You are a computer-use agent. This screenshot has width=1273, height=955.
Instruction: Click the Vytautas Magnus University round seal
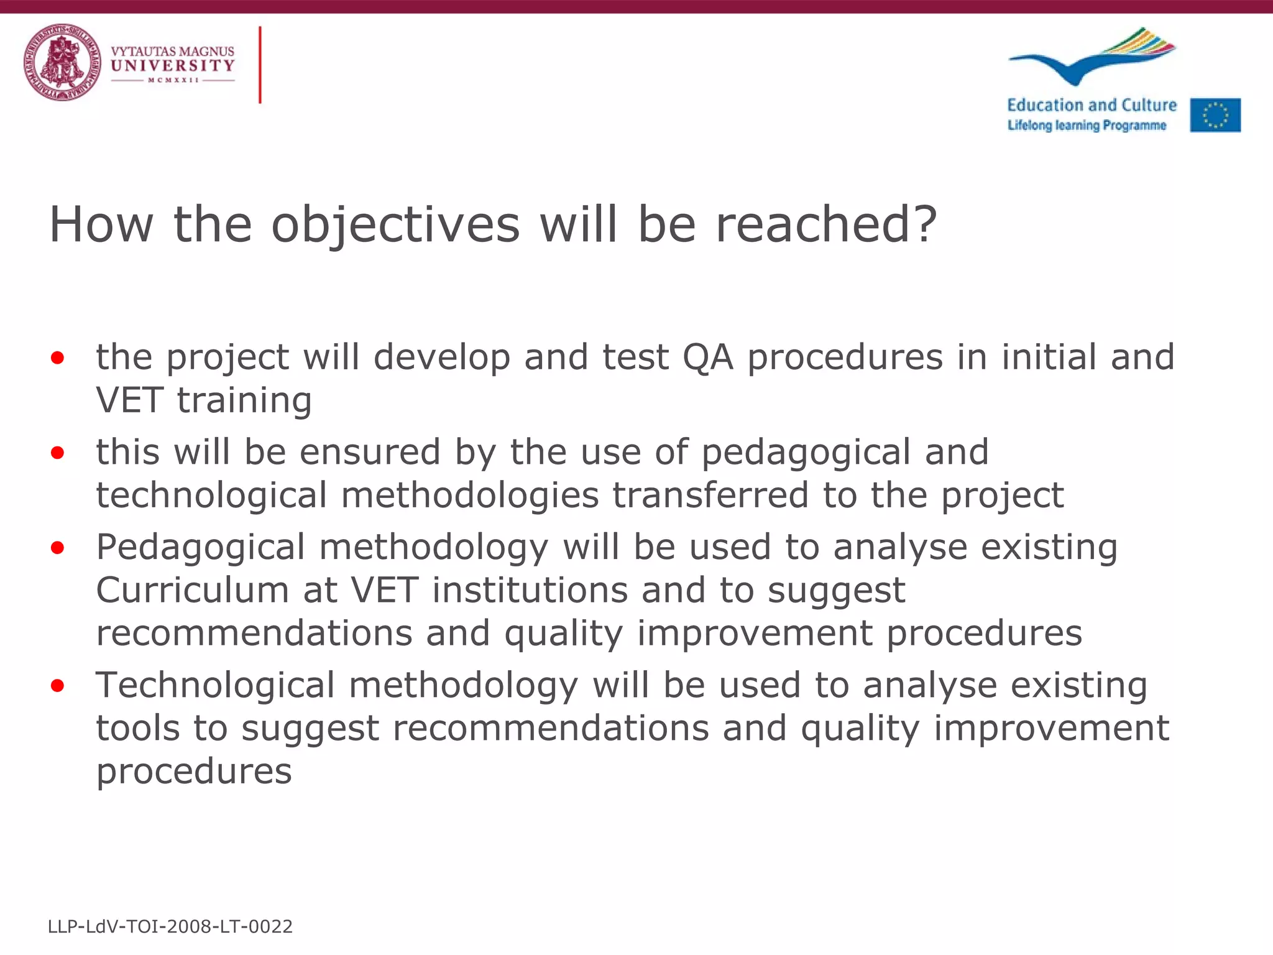[62, 62]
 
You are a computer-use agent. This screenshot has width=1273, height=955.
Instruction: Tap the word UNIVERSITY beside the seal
[172, 65]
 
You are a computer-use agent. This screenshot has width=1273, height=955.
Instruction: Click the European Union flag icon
[1215, 115]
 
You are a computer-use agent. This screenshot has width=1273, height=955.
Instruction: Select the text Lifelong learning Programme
[1087, 126]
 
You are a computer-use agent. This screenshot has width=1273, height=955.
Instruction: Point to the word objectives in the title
[395, 225]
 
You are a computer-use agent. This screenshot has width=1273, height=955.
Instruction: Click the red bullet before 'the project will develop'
[58, 358]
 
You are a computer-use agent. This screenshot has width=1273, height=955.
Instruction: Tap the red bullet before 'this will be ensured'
[58, 453]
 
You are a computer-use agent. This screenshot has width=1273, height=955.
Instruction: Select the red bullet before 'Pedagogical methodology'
[58, 548]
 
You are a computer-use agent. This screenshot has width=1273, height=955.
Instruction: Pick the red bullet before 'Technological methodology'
[58, 686]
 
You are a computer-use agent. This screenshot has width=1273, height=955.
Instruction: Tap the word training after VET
[244, 400]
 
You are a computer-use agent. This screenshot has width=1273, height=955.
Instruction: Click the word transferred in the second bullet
[710, 496]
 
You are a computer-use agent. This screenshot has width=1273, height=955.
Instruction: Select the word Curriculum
[192, 590]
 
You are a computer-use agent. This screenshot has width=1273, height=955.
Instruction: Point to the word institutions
[530, 590]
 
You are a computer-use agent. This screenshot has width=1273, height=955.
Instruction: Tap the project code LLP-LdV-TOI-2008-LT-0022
[170, 926]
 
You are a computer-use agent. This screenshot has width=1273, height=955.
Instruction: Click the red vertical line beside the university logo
[260, 65]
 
